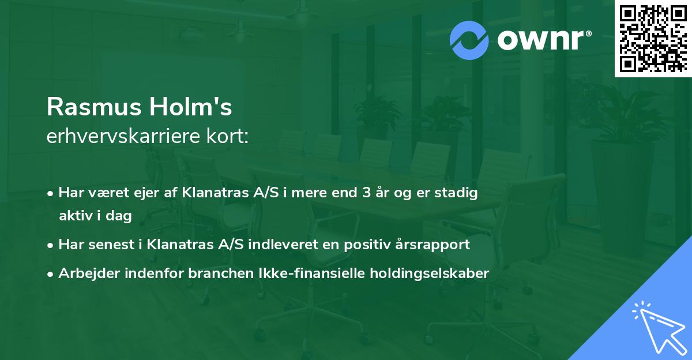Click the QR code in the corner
pyautogui.click(x=653, y=39)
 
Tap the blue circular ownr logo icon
pyautogui.click(x=469, y=40)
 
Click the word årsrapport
pyautogui.click(x=433, y=245)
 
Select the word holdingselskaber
pyautogui.click(x=433, y=273)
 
